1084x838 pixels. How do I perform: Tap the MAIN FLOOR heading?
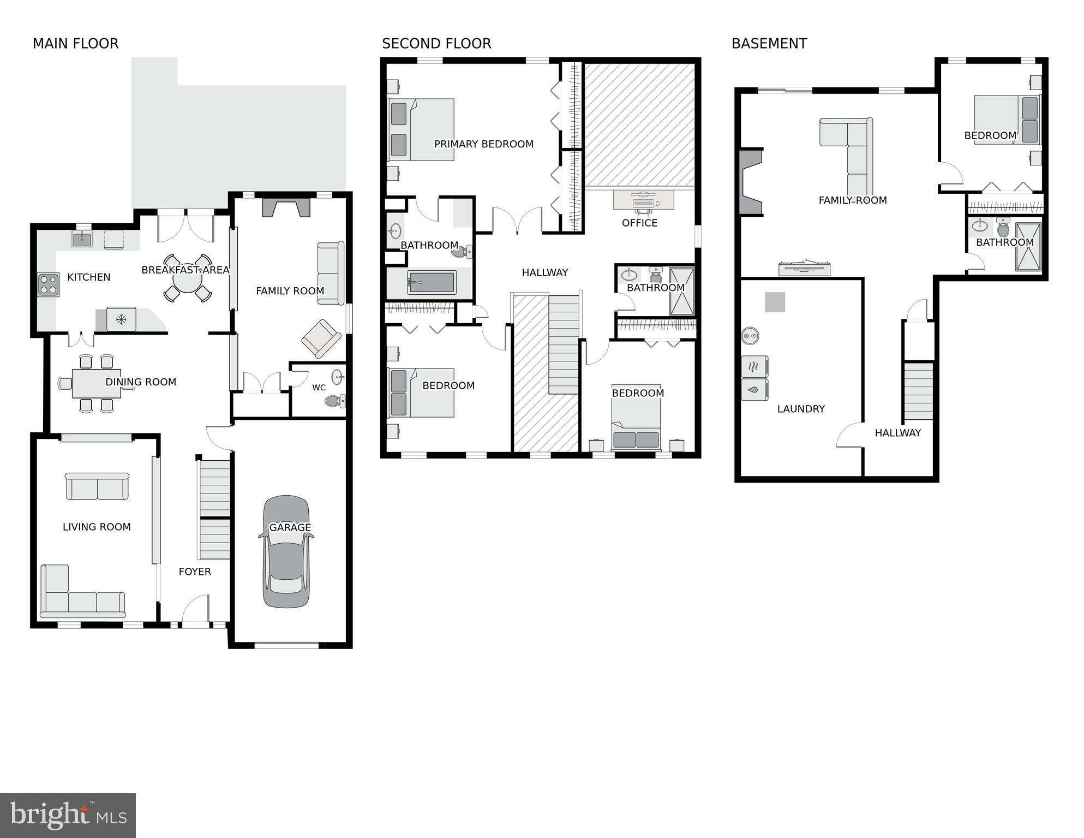[x=75, y=44]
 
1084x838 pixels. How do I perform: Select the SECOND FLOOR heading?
[x=436, y=44]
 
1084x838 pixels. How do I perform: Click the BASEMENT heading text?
[x=769, y=44]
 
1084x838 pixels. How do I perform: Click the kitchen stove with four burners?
[x=48, y=284]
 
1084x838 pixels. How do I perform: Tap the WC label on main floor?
[x=319, y=388]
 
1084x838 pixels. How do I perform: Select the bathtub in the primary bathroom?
[x=432, y=282]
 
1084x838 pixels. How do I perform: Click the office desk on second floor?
[x=643, y=200]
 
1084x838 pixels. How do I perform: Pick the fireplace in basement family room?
[x=750, y=182]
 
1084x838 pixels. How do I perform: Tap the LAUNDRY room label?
[x=800, y=409]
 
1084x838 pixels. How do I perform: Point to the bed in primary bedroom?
[x=421, y=129]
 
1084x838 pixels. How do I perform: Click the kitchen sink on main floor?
[x=82, y=239]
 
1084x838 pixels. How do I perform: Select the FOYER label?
[x=195, y=572]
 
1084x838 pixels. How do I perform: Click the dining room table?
[x=96, y=383]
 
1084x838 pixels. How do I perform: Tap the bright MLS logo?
[x=68, y=816]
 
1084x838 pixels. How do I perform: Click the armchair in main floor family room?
[x=321, y=338]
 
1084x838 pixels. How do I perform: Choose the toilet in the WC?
[x=334, y=401]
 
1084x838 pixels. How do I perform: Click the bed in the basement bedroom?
[x=1007, y=120]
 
